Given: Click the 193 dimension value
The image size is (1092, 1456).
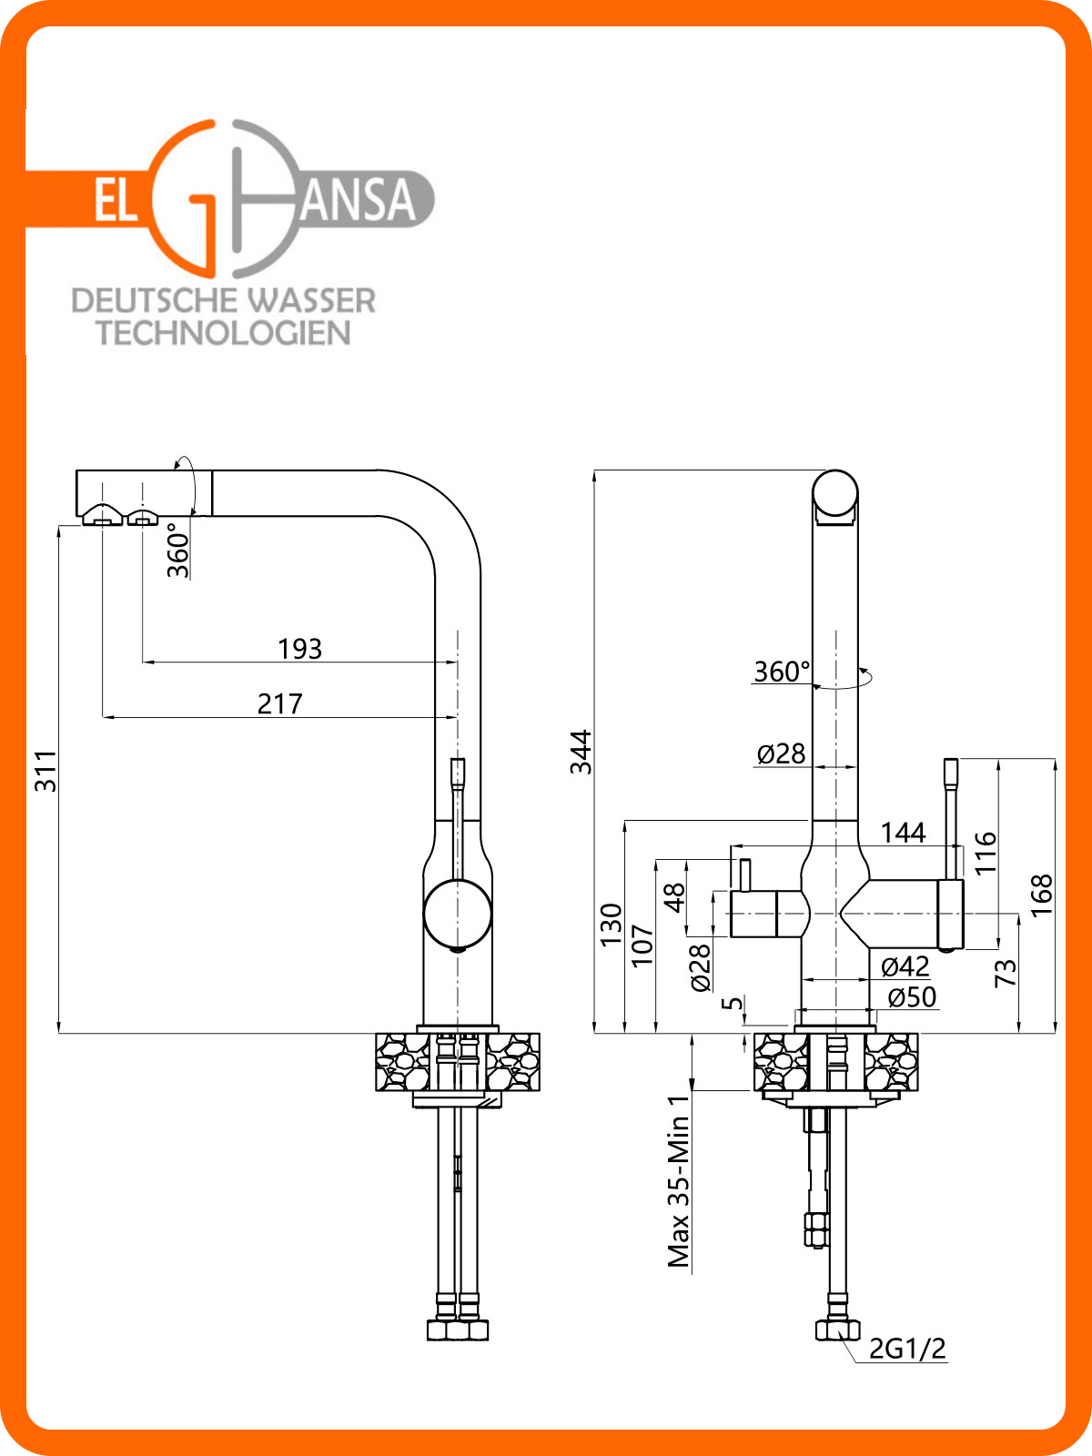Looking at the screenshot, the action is (299, 649).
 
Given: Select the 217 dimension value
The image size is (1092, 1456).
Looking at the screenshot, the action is (279, 703).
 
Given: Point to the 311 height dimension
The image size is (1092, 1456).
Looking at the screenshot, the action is (45, 772).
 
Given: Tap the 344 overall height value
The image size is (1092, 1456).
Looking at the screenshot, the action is (581, 753).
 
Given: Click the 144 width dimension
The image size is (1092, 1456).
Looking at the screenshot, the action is (903, 833).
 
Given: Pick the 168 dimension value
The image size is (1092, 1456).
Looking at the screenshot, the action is (1042, 895).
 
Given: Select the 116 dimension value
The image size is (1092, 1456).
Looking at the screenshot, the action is (986, 853).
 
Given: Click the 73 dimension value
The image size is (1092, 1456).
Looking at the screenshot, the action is (1006, 974).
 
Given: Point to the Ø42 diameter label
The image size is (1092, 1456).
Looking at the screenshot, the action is (905, 967).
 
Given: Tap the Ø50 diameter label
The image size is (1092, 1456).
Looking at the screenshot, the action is (913, 997).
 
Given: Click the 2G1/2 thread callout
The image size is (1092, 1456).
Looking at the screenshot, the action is (907, 1349).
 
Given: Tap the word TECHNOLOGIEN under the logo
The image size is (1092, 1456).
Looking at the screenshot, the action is (224, 333).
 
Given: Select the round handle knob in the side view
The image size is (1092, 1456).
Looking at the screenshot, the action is (458, 914).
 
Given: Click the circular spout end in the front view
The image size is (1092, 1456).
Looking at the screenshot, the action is (835, 493).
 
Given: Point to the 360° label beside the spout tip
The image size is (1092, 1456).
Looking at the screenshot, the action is (178, 550).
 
